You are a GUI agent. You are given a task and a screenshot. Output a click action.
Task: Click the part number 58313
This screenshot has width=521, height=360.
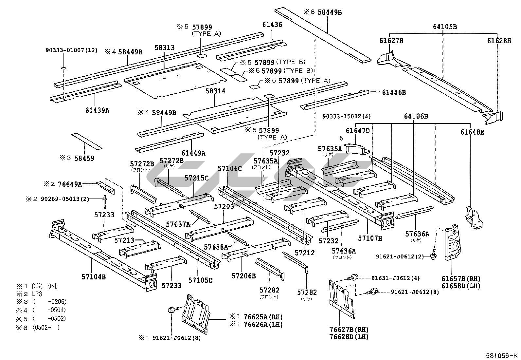[164, 48]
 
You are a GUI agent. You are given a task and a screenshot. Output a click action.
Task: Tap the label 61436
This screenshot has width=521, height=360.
[272, 25]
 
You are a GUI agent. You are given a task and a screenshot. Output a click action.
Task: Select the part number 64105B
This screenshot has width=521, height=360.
[445, 27]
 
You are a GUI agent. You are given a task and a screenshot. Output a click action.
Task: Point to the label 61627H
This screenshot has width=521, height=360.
[391, 41]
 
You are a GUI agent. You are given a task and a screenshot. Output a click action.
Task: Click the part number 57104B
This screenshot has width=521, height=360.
[94, 277]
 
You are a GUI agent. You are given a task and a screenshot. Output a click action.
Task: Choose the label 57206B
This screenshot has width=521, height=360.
[243, 276]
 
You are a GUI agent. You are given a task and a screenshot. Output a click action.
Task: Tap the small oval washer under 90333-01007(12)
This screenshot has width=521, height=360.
[63, 68]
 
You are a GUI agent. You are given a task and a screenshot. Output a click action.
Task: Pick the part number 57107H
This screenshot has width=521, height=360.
[370, 238]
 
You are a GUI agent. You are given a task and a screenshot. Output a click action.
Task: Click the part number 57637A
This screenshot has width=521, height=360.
[178, 224]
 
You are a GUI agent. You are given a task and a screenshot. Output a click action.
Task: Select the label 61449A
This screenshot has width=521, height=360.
[193, 153]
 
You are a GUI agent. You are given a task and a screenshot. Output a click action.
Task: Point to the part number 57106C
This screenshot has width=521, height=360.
[230, 169]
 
